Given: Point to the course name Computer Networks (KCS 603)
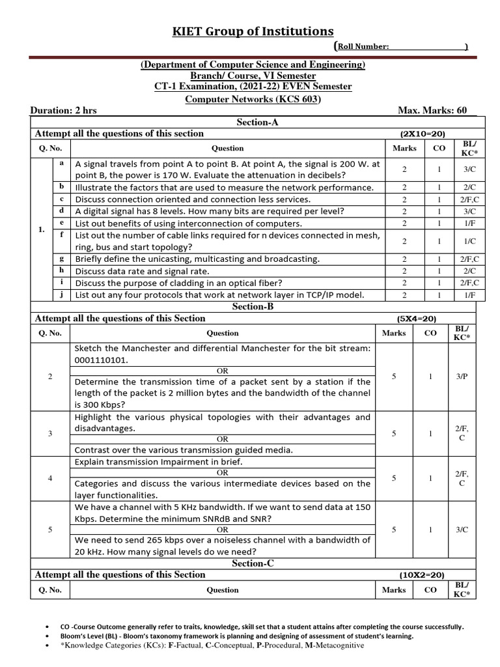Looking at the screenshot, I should pyautogui.click(x=253, y=99).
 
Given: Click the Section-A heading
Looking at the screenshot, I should pyautogui.click(x=253, y=122).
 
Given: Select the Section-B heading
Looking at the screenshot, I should pyautogui.click(x=253, y=307).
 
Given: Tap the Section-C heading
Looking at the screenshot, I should pyautogui.click(x=253, y=563).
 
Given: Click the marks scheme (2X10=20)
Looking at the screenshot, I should pyautogui.click(x=422, y=134).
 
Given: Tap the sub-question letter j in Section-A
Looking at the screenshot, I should pyautogui.click(x=61, y=294).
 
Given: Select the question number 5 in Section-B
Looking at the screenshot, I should pyautogui.click(x=50, y=530).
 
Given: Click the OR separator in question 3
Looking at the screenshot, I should pyautogui.click(x=223, y=439).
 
